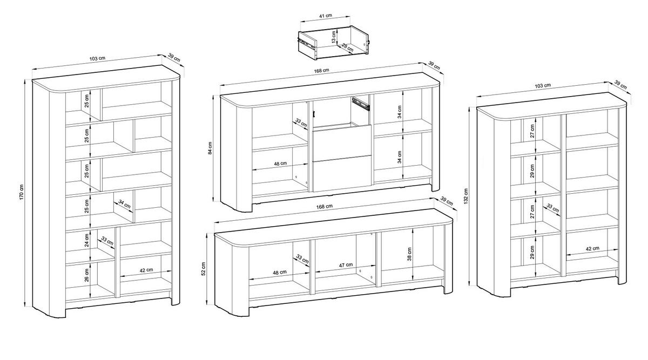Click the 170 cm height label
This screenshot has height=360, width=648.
[x=22, y=193]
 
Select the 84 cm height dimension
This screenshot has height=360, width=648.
[x=210, y=148]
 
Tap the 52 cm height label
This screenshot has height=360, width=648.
[x=204, y=269]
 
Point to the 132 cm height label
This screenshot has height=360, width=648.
[x=465, y=196]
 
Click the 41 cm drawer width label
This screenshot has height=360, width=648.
[x=326, y=15]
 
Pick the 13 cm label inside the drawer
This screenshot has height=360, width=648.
[x=334, y=37]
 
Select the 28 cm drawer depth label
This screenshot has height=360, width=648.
[x=347, y=47]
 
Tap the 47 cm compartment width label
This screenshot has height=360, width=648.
[x=346, y=265]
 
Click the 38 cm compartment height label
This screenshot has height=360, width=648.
[x=409, y=254]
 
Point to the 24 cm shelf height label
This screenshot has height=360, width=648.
[x=87, y=240]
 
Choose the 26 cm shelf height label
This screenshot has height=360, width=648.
[x=87, y=275]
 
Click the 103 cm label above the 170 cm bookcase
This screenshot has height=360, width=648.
[x=97, y=58]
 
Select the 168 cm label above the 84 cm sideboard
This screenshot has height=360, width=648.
[x=322, y=70]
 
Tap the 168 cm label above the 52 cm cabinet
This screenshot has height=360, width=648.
[x=325, y=207]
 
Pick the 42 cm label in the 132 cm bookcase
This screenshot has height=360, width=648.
[x=592, y=248]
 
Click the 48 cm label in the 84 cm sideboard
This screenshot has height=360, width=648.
[x=280, y=164]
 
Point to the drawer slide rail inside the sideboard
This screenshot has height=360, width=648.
[x=361, y=104]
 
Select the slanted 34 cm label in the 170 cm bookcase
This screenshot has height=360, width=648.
[x=125, y=205]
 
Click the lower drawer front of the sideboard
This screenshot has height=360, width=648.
[x=342, y=173]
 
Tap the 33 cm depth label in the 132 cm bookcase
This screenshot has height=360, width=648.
[x=553, y=208]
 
